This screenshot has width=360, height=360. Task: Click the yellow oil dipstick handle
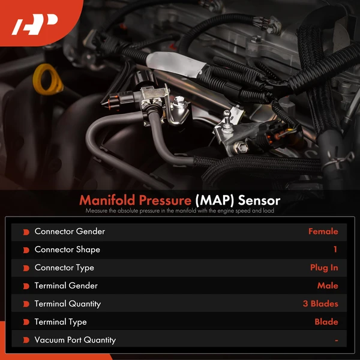click(47, 82)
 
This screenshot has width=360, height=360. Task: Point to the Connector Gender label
click(70, 232)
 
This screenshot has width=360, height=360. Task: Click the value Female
click(323, 232)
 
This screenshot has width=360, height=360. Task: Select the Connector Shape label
click(67, 250)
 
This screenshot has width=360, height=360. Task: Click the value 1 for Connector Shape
click(335, 250)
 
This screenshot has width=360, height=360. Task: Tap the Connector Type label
click(64, 268)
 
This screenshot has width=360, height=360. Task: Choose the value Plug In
click(324, 268)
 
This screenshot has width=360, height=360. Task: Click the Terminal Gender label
click(66, 286)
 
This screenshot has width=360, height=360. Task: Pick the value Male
click(328, 286)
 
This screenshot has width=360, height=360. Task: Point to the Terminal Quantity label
click(68, 304)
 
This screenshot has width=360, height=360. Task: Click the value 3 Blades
click(320, 304)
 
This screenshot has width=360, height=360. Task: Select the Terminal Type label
click(61, 322)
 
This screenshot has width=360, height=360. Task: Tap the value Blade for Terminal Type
click(326, 322)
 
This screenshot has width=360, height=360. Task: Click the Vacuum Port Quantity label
click(75, 340)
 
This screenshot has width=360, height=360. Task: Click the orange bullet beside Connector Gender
click(26, 232)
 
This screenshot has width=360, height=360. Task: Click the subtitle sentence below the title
click(180, 211)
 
